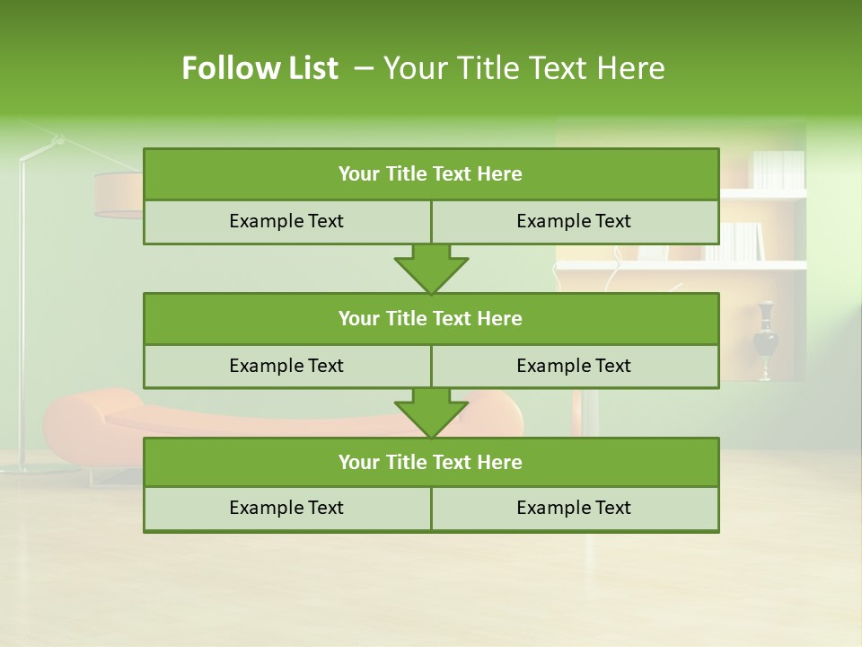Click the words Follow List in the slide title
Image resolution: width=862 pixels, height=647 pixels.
(x=259, y=68)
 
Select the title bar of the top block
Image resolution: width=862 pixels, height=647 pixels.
(x=430, y=174)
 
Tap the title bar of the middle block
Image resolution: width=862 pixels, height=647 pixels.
(x=430, y=318)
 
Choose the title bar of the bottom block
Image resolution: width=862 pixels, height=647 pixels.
(x=430, y=462)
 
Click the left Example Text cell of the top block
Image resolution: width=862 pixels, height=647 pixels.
(x=286, y=221)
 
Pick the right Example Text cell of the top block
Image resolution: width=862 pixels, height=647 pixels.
(x=574, y=221)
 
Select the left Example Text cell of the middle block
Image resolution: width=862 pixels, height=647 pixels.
(x=286, y=366)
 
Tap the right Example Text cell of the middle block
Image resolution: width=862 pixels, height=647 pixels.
(x=574, y=366)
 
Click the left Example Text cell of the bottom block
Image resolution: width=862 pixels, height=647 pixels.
(x=286, y=508)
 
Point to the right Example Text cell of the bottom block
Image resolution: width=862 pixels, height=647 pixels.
(x=574, y=508)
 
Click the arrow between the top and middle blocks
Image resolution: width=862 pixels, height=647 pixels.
(x=431, y=269)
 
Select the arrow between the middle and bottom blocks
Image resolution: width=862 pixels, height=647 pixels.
(x=431, y=412)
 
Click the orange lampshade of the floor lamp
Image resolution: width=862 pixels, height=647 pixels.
(x=119, y=195)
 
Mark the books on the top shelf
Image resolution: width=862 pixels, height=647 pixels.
(x=778, y=169)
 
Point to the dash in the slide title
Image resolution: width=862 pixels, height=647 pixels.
(x=364, y=68)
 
